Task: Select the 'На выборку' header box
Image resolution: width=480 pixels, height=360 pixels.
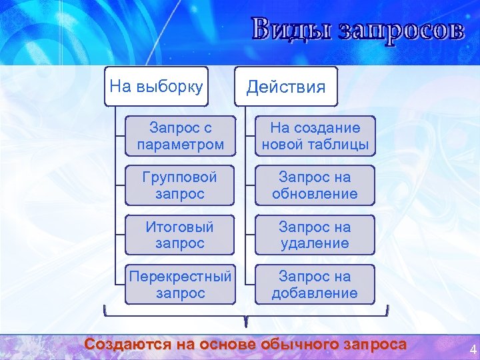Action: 156,86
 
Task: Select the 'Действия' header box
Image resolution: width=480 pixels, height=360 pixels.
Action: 286,87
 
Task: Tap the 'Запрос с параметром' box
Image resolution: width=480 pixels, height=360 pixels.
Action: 181,136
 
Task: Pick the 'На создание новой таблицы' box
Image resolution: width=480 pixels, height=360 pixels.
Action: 315,136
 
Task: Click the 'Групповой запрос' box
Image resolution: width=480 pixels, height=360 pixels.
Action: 181,185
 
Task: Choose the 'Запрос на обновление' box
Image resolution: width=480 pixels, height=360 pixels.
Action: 315,185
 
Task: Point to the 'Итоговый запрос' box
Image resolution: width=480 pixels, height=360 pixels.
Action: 181,235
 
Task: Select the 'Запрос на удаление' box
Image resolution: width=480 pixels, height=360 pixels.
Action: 315,235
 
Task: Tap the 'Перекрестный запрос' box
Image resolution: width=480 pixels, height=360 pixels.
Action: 181,284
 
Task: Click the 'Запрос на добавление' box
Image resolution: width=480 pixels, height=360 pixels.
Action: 315,284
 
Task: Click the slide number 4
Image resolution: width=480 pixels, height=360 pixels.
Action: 473,350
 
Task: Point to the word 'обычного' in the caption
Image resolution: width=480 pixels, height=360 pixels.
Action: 304,344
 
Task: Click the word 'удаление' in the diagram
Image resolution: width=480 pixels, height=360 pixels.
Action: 315,243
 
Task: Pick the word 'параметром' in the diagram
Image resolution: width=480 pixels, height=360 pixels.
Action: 181,144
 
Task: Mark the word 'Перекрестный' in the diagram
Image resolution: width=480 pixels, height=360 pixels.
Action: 181,276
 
